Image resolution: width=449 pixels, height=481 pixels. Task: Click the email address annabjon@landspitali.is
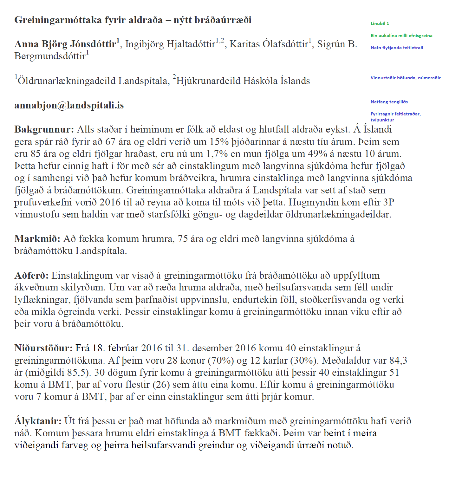point(69,105)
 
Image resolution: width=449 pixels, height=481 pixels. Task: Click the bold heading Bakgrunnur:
point(44,129)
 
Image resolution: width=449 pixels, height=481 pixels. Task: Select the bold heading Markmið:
point(37,239)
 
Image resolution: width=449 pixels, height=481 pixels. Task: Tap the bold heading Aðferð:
point(31,275)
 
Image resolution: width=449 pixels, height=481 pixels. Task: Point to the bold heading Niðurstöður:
point(43,348)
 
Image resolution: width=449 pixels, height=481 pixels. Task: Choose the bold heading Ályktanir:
point(38,421)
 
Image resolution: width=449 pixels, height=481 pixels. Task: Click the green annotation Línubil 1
point(380,23)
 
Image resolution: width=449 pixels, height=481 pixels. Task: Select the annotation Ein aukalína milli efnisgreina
point(401,36)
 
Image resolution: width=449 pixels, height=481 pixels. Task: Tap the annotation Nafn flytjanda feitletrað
point(397,48)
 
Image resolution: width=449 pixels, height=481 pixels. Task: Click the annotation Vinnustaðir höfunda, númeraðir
point(405,78)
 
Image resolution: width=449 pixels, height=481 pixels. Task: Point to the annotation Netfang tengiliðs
point(389,102)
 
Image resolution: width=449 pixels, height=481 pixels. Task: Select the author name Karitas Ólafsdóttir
point(269,44)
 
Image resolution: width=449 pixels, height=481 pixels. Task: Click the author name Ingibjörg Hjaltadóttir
point(170,44)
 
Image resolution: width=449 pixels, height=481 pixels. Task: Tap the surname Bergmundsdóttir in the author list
point(50,56)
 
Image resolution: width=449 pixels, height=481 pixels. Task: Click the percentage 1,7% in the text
point(217,154)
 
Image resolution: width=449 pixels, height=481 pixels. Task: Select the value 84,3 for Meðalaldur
point(398,361)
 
